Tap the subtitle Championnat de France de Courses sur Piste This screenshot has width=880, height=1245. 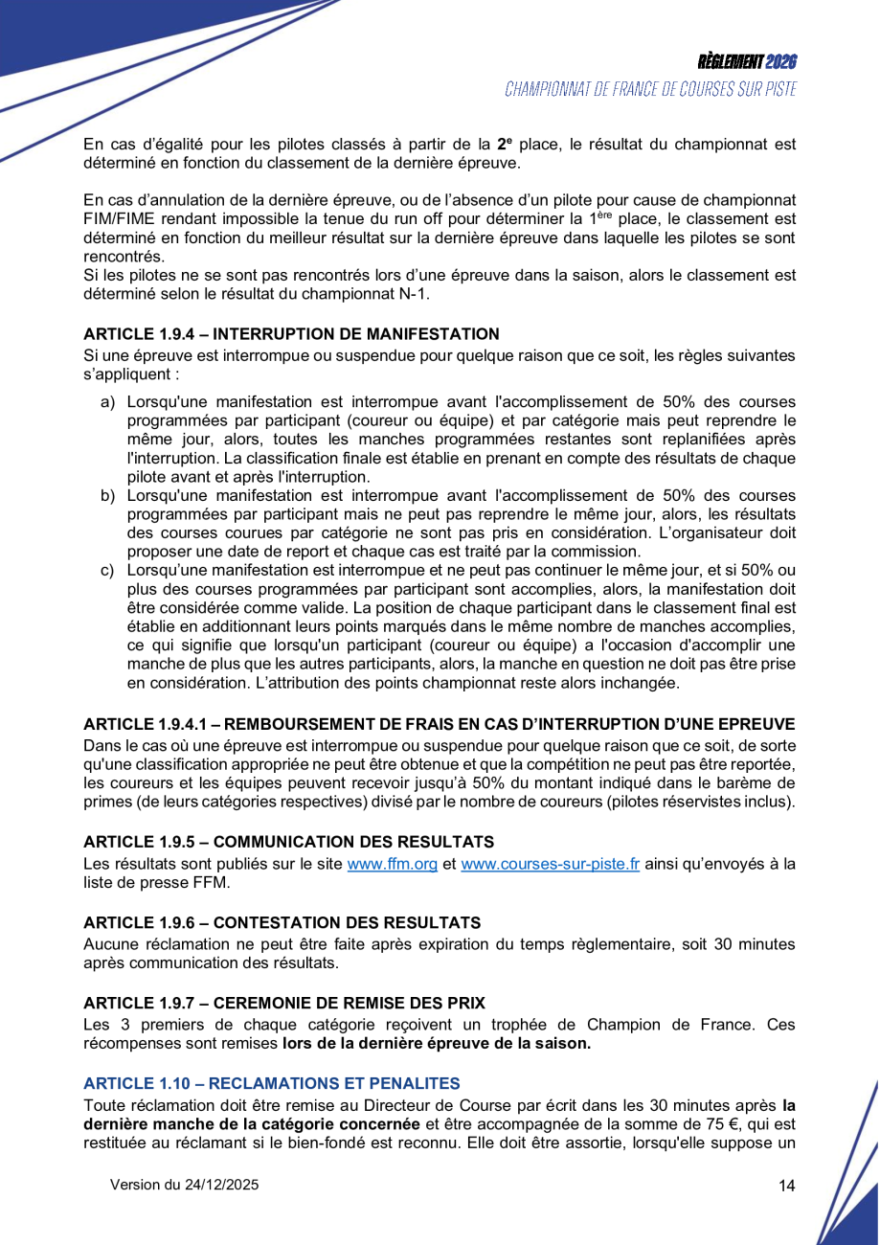click(x=650, y=89)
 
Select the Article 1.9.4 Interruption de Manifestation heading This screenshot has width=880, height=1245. click(x=291, y=334)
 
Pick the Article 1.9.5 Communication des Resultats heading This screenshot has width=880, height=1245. click(x=288, y=842)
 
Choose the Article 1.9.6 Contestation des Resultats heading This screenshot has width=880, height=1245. click(x=282, y=922)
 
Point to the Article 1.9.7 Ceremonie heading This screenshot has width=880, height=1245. click(x=284, y=1003)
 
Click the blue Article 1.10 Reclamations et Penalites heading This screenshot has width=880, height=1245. click(x=272, y=1083)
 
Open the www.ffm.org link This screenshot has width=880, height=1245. click(x=392, y=864)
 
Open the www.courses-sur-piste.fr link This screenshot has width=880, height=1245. click(x=550, y=864)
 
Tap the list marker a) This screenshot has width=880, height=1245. click(x=108, y=401)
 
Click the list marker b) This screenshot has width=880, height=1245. click(x=108, y=495)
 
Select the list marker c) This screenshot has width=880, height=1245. click(x=108, y=571)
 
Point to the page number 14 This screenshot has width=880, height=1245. click(x=787, y=1186)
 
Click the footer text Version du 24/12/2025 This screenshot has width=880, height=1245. click(x=184, y=1185)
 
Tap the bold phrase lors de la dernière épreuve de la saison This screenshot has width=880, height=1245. click(x=436, y=1044)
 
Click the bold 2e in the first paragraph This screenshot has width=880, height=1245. click(x=506, y=145)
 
